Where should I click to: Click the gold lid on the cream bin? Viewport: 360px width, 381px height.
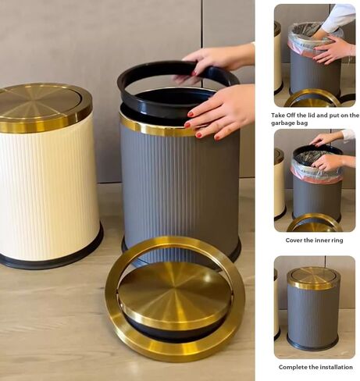pyautogui.click(x=45, y=107)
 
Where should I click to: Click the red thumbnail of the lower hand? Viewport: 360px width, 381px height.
pyautogui.click(x=191, y=114)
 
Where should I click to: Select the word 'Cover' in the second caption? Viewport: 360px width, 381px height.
pyautogui.click(x=294, y=240)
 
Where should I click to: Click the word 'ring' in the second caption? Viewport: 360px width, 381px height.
pyautogui.click(x=337, y=240)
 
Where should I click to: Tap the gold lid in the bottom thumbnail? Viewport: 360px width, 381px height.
pyautogui.click(x=313, y=278)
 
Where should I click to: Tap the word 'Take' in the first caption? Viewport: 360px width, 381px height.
pyautogui.click(x=277, y=115)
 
